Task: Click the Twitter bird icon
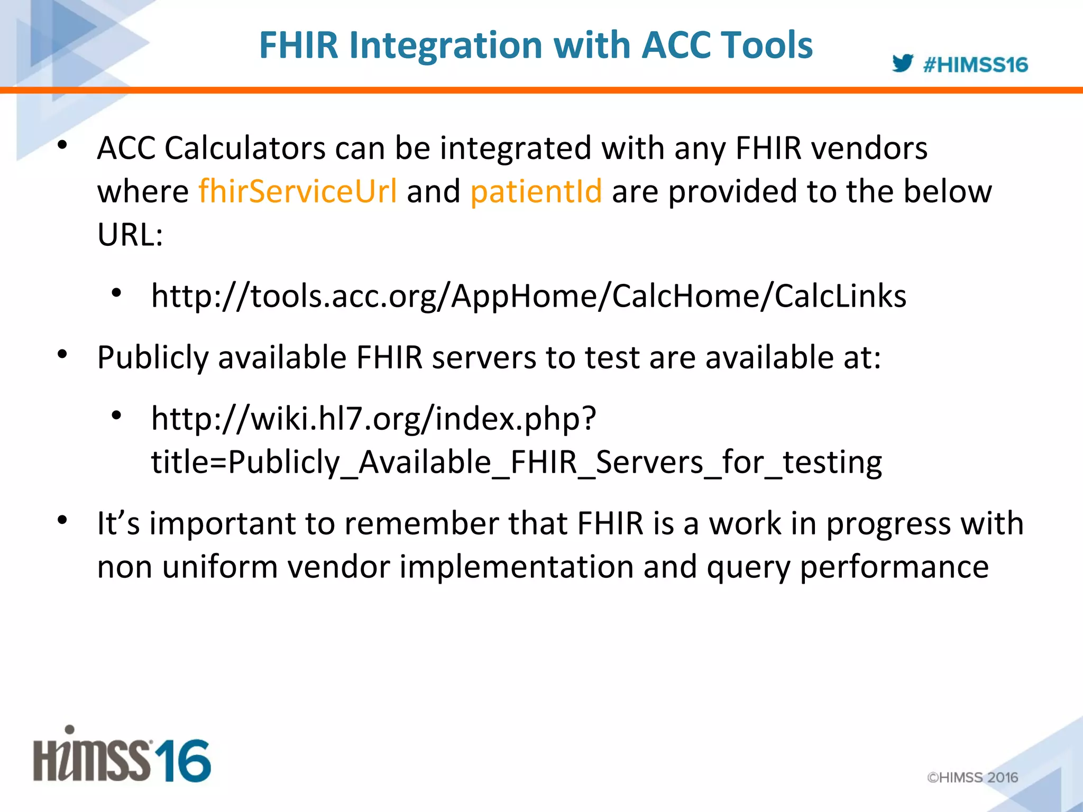pos(902,63)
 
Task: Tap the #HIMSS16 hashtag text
pos(975,65)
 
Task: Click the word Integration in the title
pos(445,45)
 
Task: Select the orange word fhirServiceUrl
pos(298,191)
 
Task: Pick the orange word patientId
pos(536,191)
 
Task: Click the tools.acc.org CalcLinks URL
pos(528,296)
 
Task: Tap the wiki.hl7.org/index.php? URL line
pos(373,418)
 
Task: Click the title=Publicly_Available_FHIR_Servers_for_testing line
pos(516,462)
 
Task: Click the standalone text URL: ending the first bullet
pos(130,234)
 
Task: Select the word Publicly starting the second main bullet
pos(153,358)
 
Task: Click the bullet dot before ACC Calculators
pos(62,145)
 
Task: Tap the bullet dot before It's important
pos(62,521)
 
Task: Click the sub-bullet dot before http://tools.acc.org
pos(116,293)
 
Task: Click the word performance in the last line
pos(894,567)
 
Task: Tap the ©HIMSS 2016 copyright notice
pos(972,777)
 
